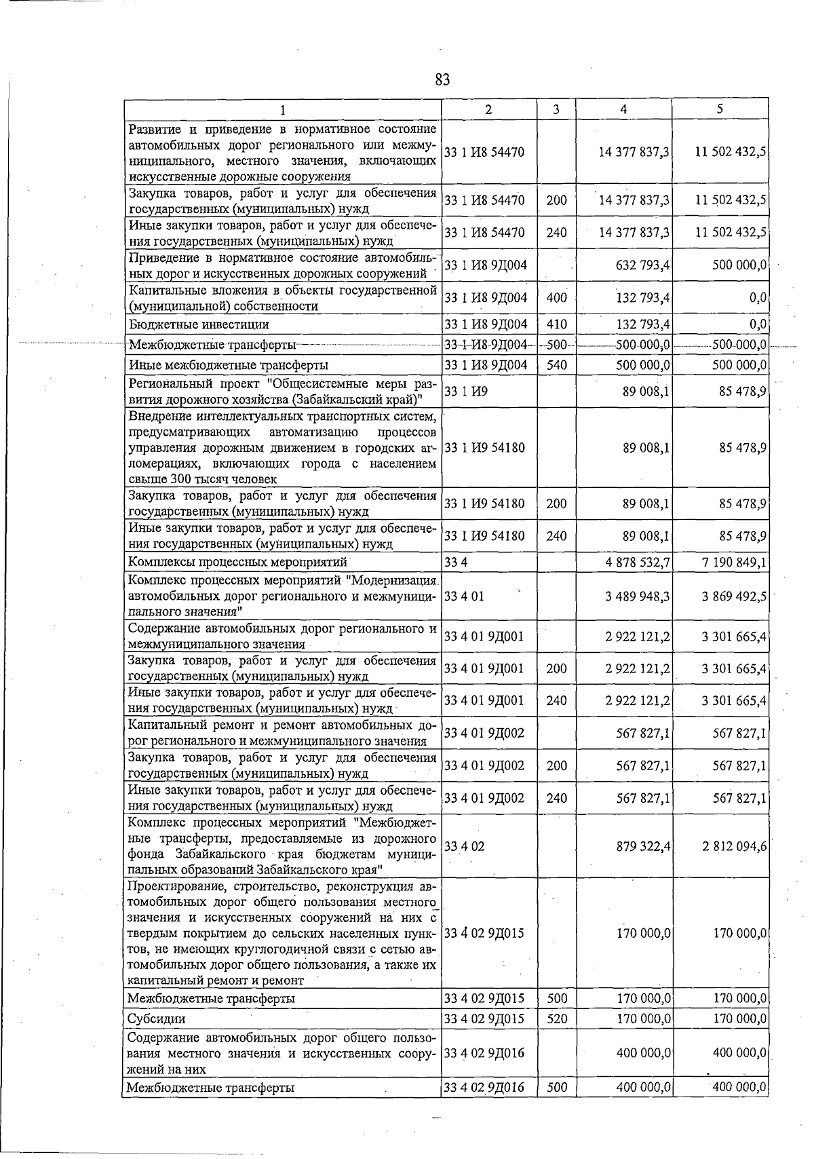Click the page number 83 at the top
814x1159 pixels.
click(442, 80)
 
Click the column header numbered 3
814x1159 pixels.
click(556, 109)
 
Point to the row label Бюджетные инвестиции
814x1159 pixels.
click(199, 325)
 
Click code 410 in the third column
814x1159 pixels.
click(556, 325)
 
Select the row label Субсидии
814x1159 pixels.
click(156, 1019)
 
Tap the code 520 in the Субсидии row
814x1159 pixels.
click(556, 1019)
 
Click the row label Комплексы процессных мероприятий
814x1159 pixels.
click(237, 562)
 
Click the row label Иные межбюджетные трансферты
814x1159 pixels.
click(229, 365)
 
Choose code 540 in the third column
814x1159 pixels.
click(556, 365)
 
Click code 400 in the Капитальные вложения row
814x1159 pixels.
click(556, 297)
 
